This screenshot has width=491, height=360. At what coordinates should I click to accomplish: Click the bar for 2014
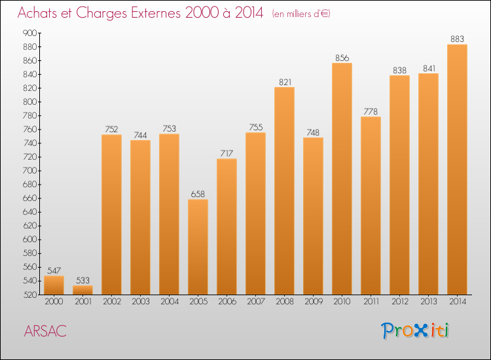[x=457, y=170]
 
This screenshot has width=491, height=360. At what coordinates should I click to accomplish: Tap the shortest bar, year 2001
[x=82, y=290]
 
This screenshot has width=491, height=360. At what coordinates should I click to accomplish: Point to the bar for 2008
[x=284, y=190]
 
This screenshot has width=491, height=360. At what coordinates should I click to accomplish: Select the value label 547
[x=54, y=270]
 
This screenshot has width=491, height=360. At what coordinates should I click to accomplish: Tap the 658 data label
[x=198, y=194]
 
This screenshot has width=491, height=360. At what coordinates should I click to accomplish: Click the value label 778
[x=371, y=111]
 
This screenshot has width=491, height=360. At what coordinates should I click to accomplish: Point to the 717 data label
[x=227, y=154]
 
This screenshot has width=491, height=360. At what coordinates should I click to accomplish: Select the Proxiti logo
[x=416, y=331]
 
